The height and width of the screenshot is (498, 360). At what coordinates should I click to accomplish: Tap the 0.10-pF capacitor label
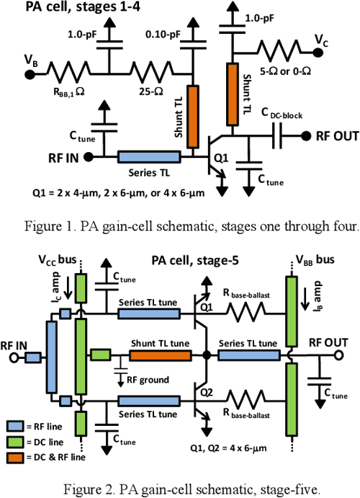tap(166, 33)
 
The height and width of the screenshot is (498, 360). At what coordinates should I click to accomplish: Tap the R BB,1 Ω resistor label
tap(72, 91)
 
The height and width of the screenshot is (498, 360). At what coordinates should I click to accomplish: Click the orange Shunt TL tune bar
tap(160, 356)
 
